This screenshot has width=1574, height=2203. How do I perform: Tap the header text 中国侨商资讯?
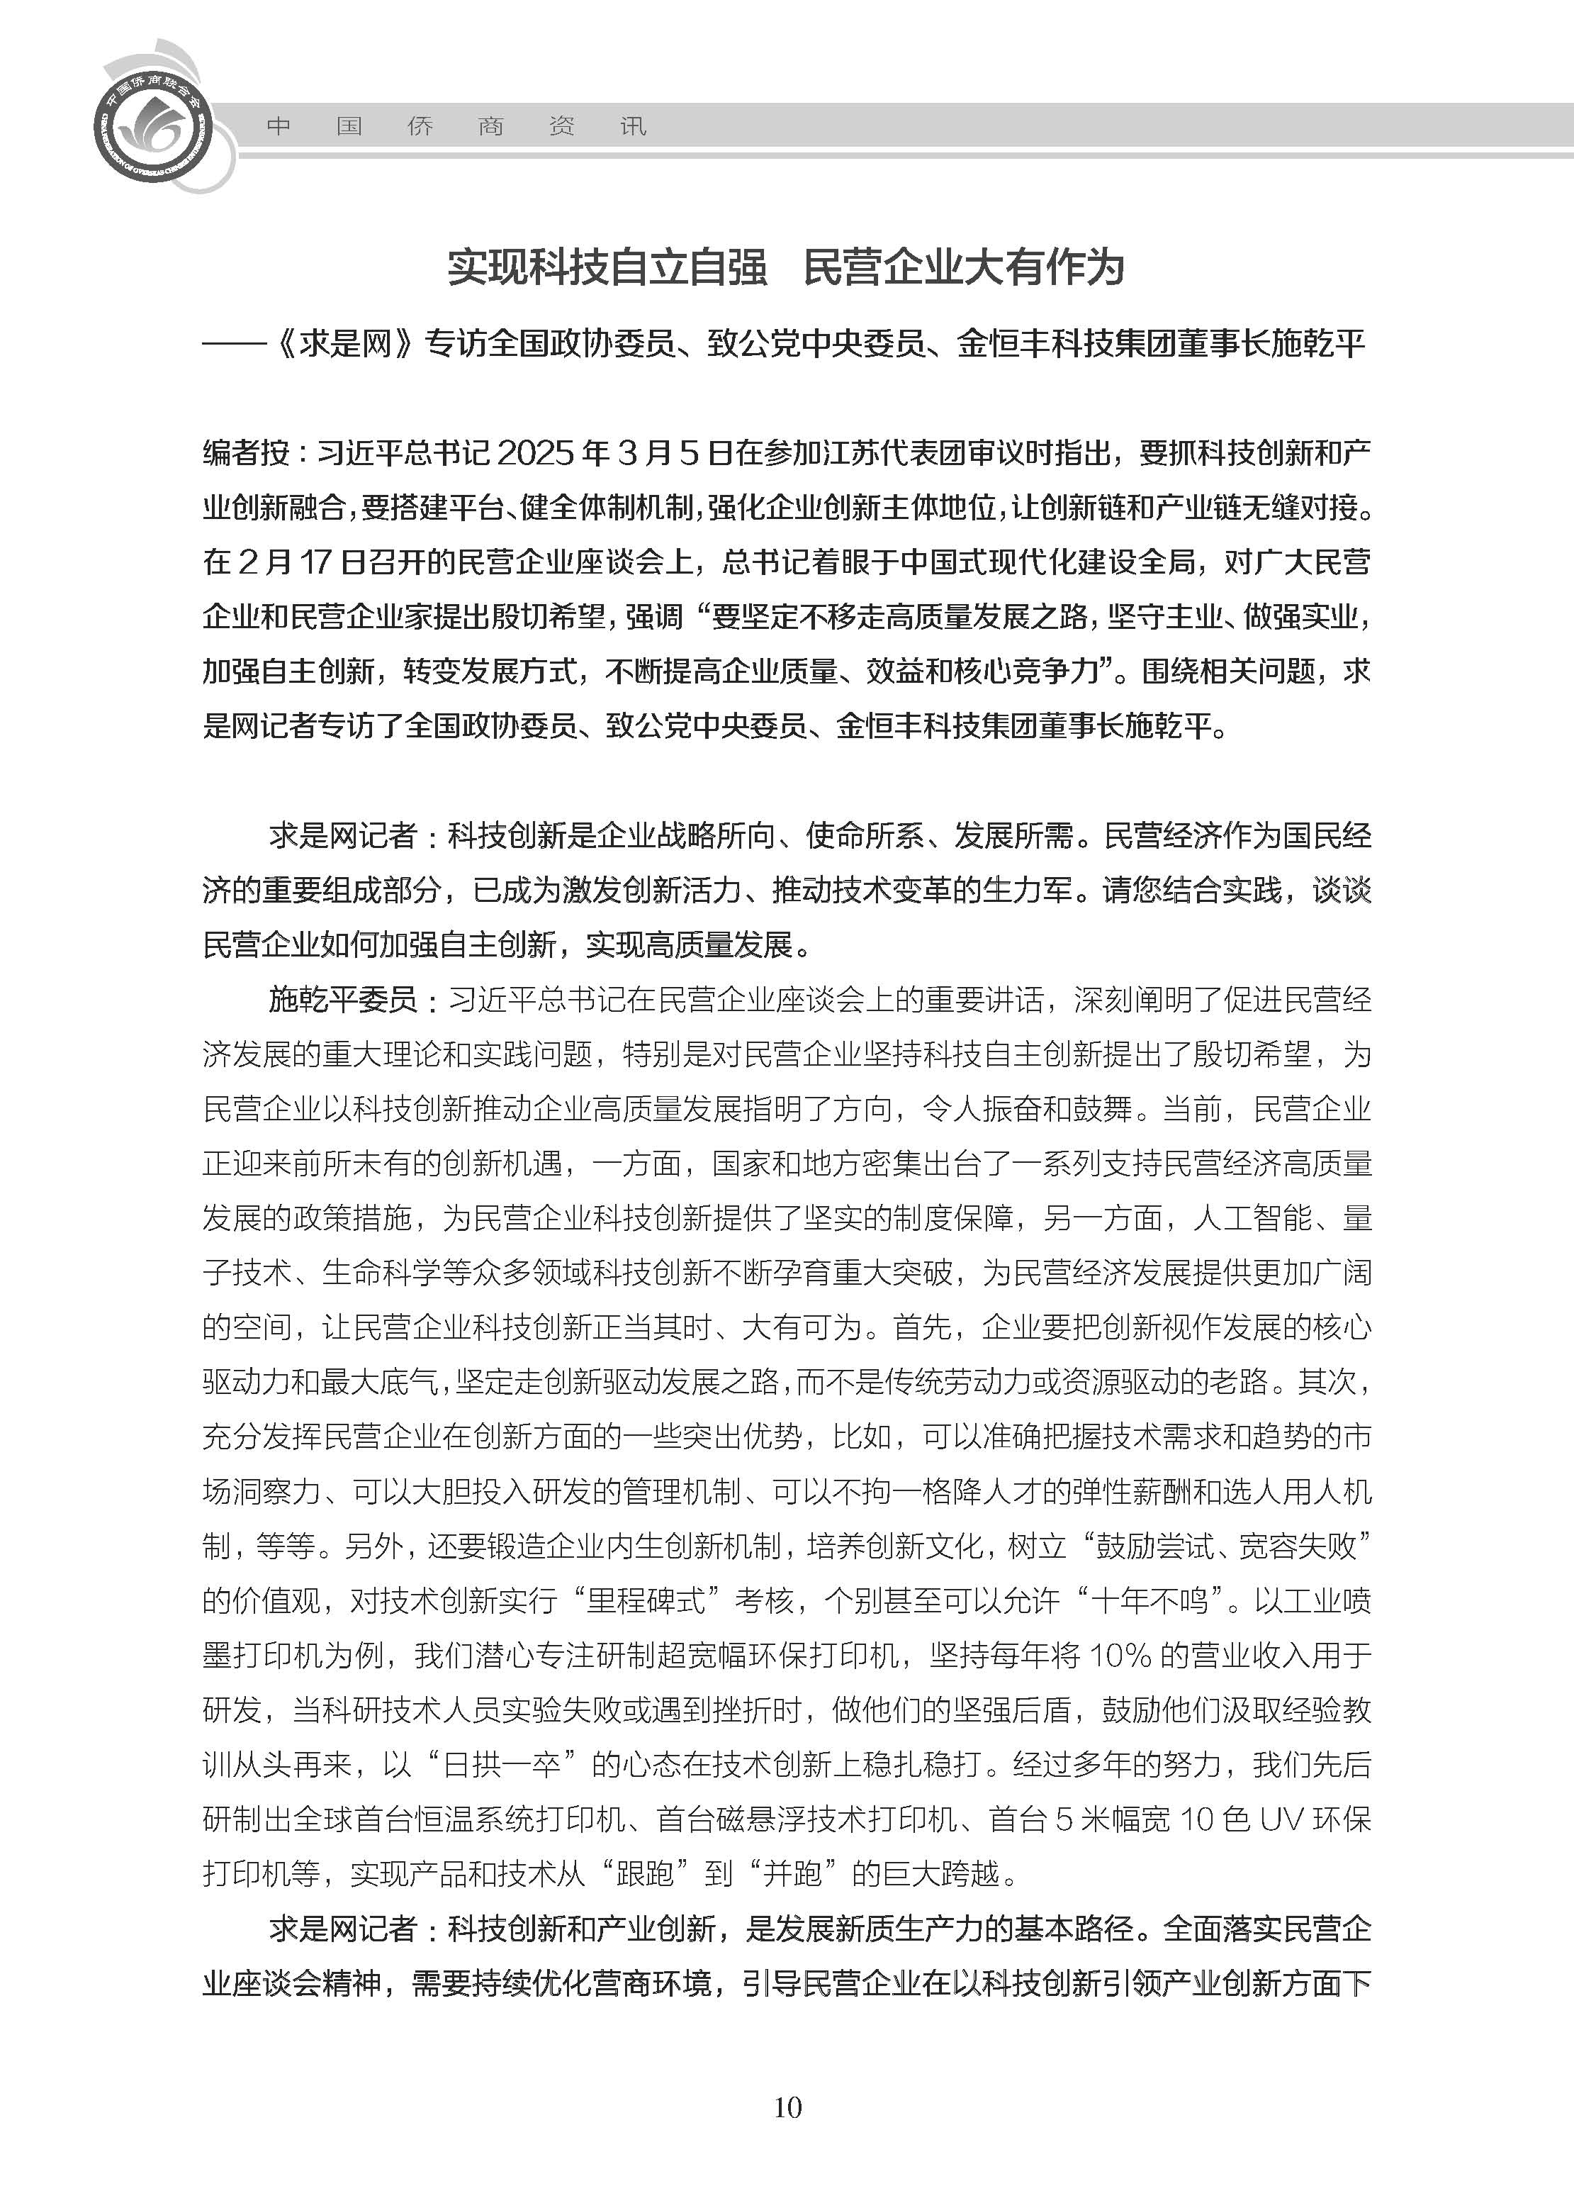click(x=456, y=127)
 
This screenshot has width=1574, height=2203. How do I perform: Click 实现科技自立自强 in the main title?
click(x=607, y=267)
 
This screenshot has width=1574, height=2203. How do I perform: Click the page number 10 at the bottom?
click(x=787, y=2107)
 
